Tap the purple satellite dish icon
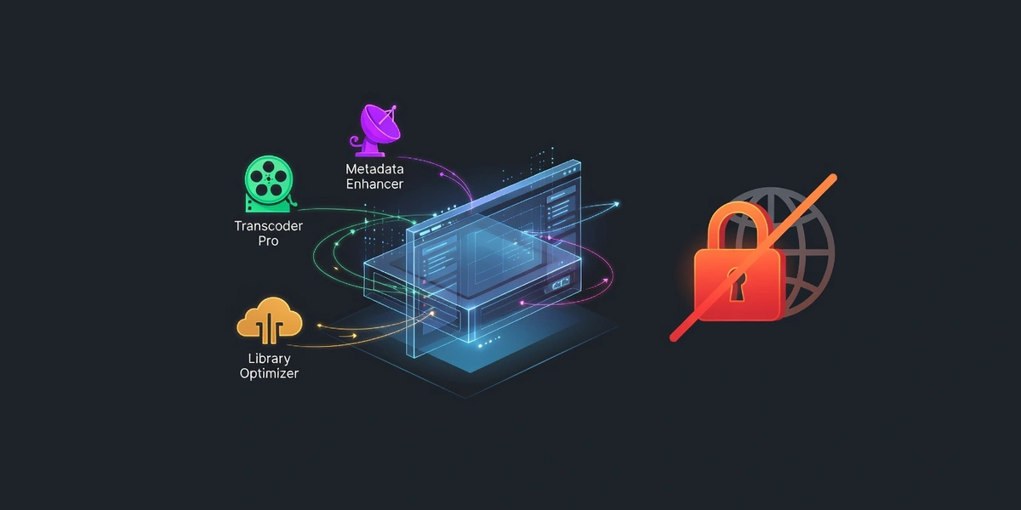(x=375, y=129)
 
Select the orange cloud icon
(x=270, y=320)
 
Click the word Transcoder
(x=269, y=226)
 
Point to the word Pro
(x=269, y=241)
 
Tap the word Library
(x=269, y=358)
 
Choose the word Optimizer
(x=269, y=373)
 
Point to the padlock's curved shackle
(x=737, y=223)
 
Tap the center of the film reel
(x=268, y=178)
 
